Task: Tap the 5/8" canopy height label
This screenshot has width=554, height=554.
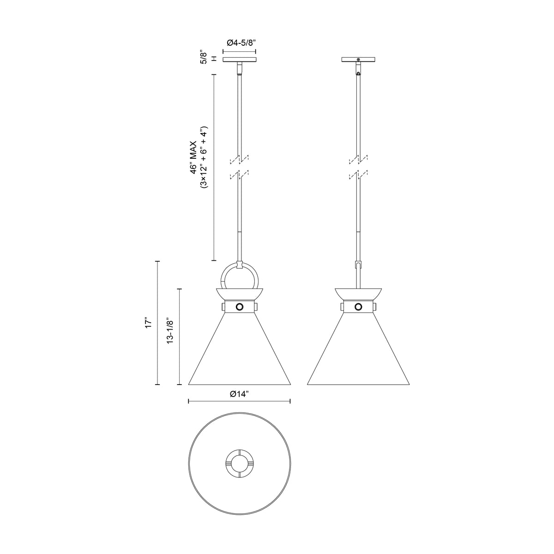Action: coord(204,58)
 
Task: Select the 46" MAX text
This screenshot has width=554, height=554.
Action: coord(193,157)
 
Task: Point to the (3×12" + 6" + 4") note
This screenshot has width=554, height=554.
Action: coord(204,157)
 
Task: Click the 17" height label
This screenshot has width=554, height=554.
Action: coord(148,323)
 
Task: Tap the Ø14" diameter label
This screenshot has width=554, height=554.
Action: coord(239,394)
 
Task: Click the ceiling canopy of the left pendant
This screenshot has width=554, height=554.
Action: coord(240,60)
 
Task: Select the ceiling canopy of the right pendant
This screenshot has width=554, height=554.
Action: coord(358,60)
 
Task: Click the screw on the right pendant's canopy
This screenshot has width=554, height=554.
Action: coord(358,60)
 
